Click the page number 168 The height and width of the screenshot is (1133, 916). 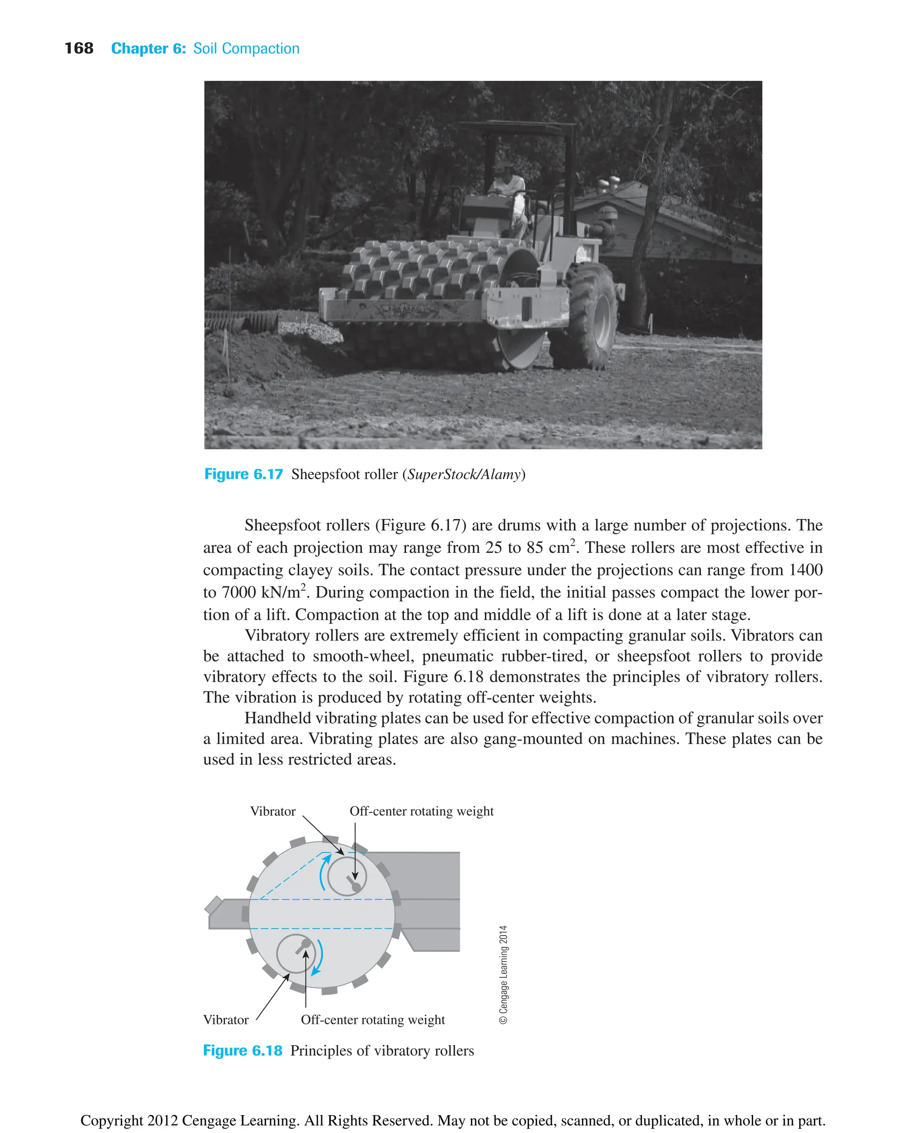point(79,49)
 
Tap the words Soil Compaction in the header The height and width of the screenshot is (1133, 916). point(246,49)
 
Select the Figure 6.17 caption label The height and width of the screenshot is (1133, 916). point(243,474)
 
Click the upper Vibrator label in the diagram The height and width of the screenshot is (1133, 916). point(272,811)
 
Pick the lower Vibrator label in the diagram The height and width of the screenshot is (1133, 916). point(225,1019)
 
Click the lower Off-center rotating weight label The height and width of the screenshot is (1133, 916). point(373,1019)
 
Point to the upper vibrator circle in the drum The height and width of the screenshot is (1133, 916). point(347,876)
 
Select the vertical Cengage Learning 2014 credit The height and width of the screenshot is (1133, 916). point(503,975)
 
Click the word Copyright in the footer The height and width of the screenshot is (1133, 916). point(111,1120)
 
